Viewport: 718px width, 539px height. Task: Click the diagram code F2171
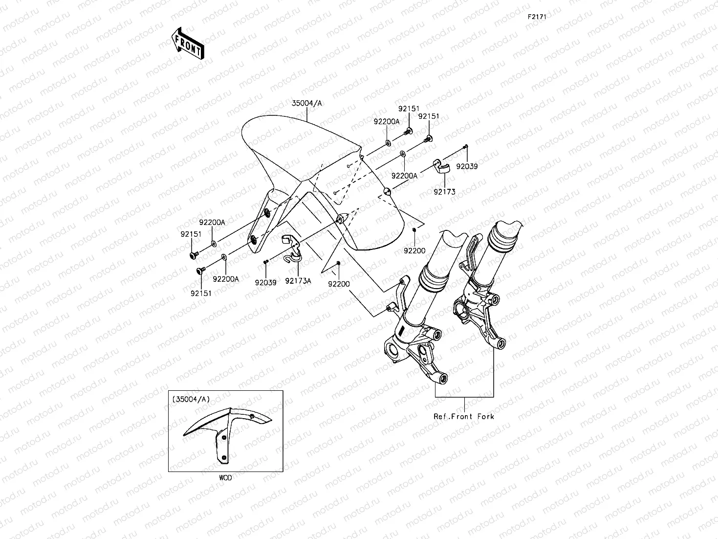click(x=536, y=17)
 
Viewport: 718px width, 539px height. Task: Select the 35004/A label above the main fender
click(x=307, y=103)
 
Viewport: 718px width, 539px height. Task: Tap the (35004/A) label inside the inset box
click(x=191, y=399)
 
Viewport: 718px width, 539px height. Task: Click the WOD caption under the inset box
click(x=225, y=478)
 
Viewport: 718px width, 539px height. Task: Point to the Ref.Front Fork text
click(x=464, y=417)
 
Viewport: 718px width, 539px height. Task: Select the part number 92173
click(x=444, y=192)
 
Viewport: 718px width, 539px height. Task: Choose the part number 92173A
click(x=298, y=281)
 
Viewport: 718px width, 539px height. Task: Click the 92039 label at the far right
click(x=467, y=166)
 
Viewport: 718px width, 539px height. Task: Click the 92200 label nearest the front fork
click(x=414, y=250)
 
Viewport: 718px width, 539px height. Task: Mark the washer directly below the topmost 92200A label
click(x=388, y=143)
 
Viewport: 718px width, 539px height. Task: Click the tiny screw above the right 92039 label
click(x=466, y=146)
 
